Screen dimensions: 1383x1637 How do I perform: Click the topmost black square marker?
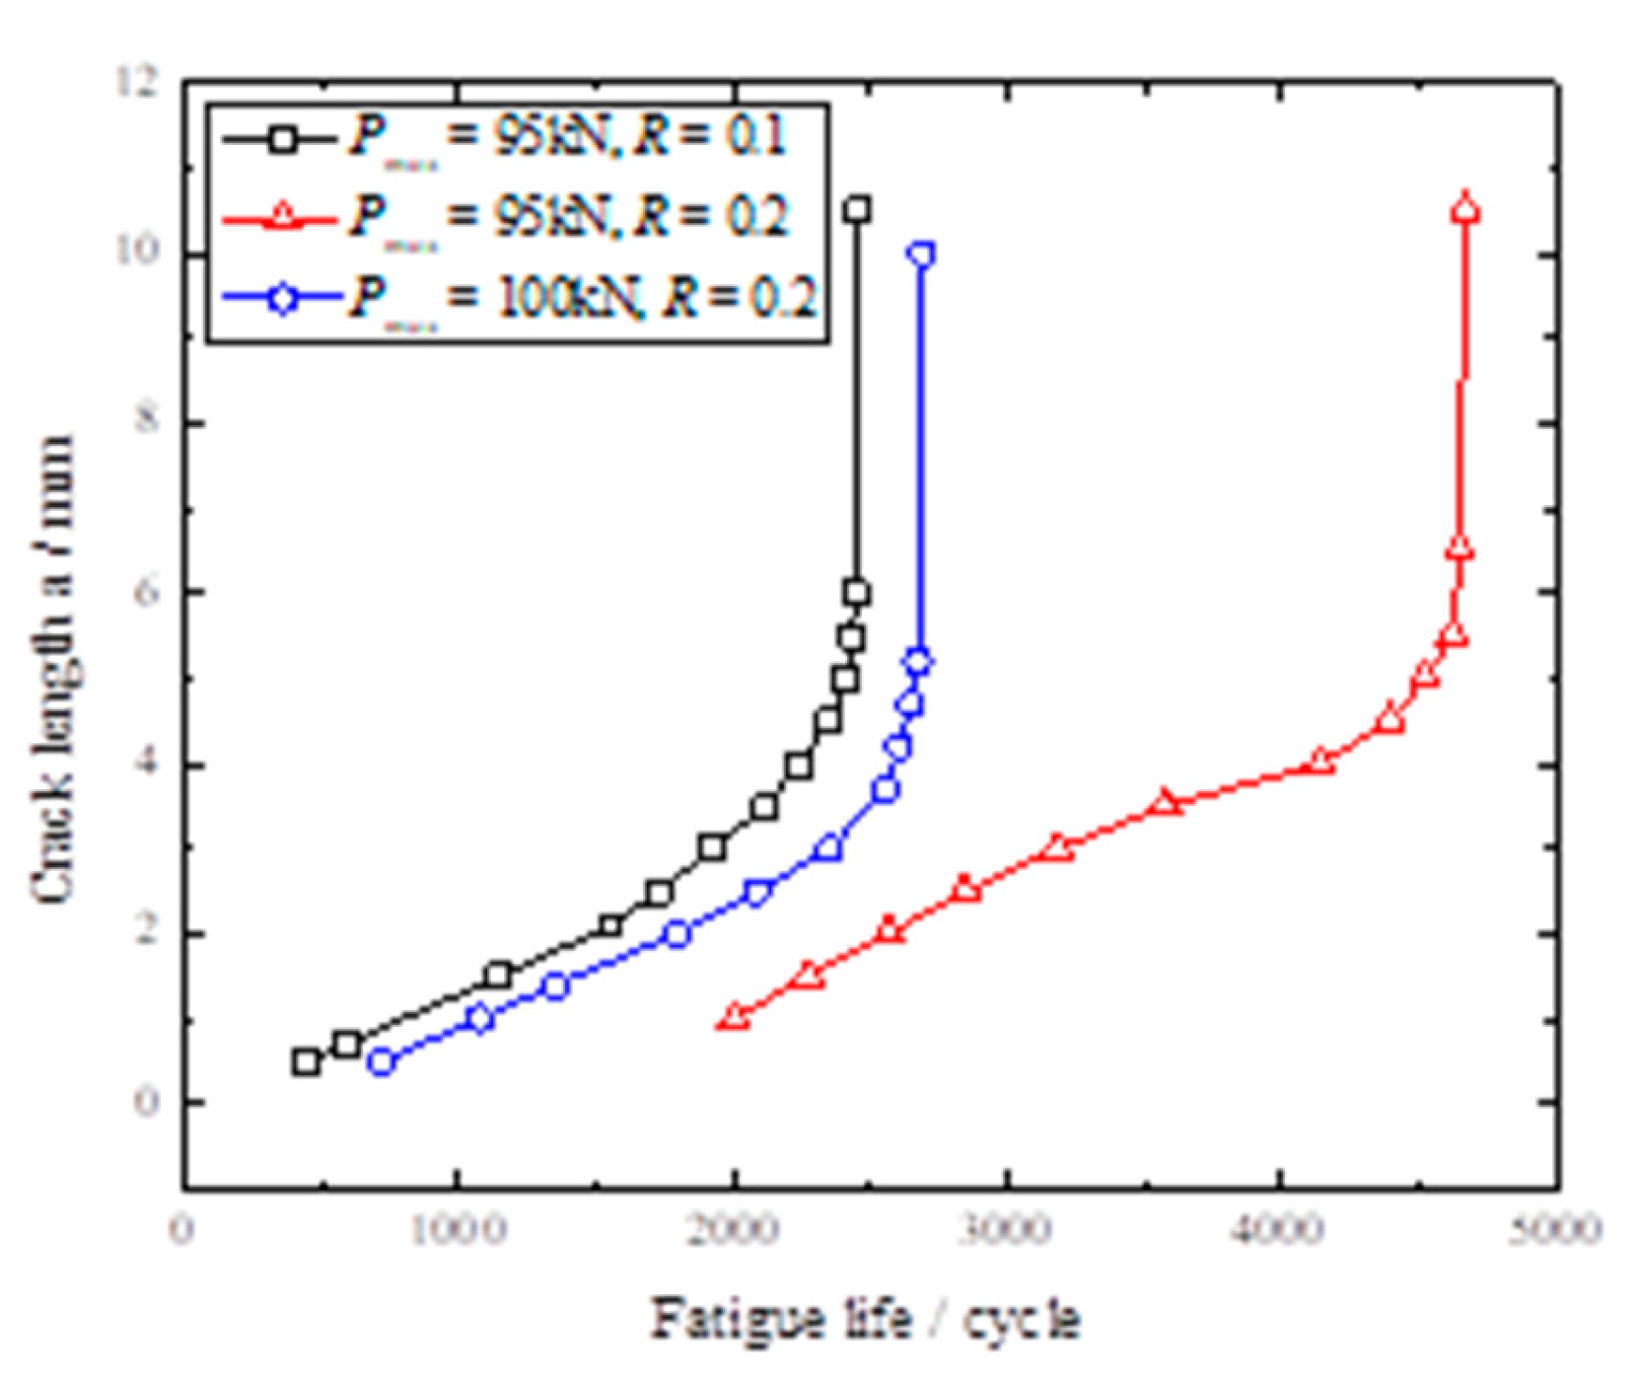coord(857,209)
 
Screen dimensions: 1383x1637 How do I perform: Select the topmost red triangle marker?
coord(1465,208)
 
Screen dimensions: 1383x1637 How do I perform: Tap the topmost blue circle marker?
coord(922,255)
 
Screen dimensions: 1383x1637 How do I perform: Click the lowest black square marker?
coord(306,1061)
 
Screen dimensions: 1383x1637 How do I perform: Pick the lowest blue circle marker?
coord(382,1062)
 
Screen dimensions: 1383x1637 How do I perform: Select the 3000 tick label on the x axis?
coord(1006,1230)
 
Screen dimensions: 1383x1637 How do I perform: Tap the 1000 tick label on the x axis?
coord(458,1230)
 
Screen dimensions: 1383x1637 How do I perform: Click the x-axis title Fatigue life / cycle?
coord(866,1319)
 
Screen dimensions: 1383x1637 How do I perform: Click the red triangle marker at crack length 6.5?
coord(1459,549)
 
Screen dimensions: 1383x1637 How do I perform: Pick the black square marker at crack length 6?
coord(856,593)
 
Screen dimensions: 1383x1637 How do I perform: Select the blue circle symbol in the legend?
coord(283,297)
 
